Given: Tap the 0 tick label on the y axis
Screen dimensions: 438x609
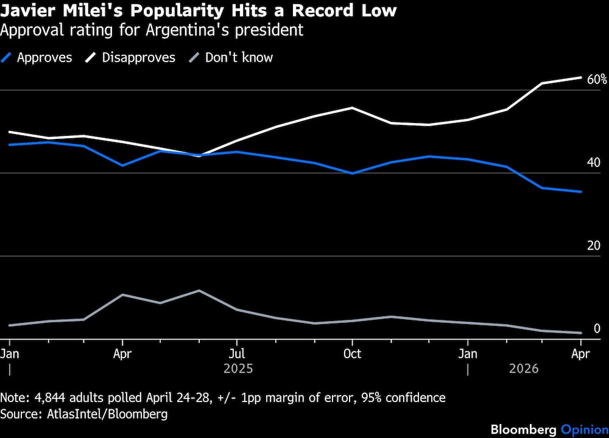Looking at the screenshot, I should [597, 328].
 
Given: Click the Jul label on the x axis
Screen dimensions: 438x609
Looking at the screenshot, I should [237, 354].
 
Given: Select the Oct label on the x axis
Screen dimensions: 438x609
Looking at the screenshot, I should [352, 354].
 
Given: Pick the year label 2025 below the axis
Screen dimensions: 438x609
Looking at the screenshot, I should [238, 369].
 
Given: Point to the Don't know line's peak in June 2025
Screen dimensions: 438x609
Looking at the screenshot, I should [199, 291].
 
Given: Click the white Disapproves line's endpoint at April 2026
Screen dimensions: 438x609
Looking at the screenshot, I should [581, 77].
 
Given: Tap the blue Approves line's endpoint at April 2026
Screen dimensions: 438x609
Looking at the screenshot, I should [581, 192].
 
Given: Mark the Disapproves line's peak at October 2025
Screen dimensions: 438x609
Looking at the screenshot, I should [352, 108].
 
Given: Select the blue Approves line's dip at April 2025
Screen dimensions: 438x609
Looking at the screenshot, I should [123, 165].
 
